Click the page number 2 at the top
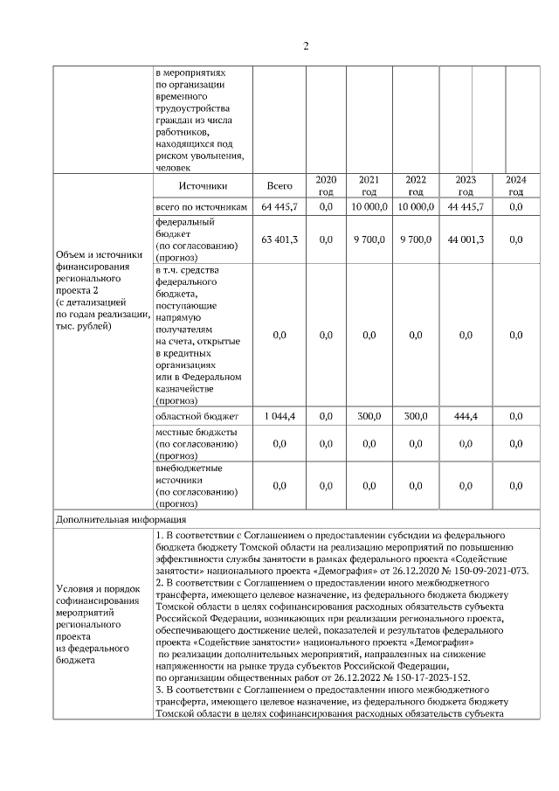tap(305, 45)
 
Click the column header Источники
tap(203, 186)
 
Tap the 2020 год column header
tap(326, 185)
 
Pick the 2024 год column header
tap(515, 185)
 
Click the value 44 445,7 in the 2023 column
tap(466, 207)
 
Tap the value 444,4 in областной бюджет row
tap(466, 417)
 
